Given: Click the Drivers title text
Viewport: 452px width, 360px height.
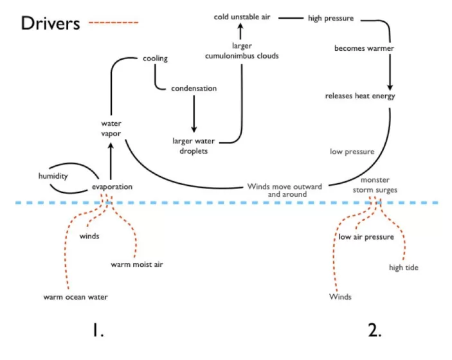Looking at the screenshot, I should (50, 23).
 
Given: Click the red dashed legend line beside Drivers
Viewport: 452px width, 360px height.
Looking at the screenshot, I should (113, 22).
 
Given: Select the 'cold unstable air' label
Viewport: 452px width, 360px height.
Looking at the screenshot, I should (242, 17).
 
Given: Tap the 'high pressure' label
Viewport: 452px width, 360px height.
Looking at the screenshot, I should (330, 18).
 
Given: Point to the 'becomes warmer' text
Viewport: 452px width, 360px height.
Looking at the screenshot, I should (364, 49).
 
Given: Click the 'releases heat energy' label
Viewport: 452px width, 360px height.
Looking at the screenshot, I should (360, 96).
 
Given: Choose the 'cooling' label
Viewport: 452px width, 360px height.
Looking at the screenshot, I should (155, 59).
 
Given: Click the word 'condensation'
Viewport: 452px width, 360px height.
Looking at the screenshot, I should (194, 89).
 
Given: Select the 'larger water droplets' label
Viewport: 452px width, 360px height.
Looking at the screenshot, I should (194, 145).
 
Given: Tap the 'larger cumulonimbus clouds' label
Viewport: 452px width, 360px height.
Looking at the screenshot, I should (242, 51).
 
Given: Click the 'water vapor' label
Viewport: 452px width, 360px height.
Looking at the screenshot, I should (111, 128).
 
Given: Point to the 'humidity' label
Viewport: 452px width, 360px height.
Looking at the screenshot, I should (53, 175).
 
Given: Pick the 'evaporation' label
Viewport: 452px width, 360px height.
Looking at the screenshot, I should (112, 187).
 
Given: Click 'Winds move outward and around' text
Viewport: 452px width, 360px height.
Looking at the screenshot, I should (285, 190).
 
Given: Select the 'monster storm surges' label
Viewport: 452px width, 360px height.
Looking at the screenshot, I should (374, 185).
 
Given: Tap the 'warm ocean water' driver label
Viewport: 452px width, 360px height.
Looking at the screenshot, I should (75, 297).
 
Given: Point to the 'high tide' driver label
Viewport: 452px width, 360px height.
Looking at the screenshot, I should (404, 267).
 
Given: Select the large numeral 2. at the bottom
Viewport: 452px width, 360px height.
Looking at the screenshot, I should (375, 330).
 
